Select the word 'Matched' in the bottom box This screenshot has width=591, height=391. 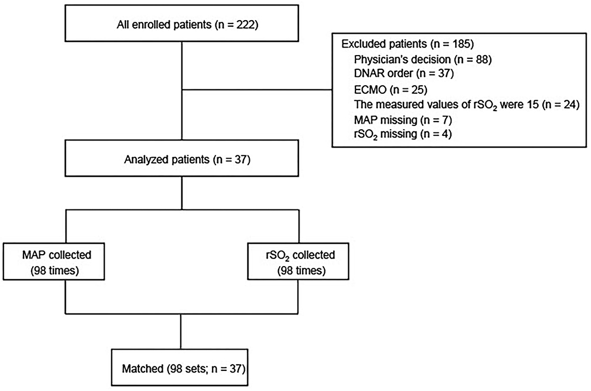click(140, 369)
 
